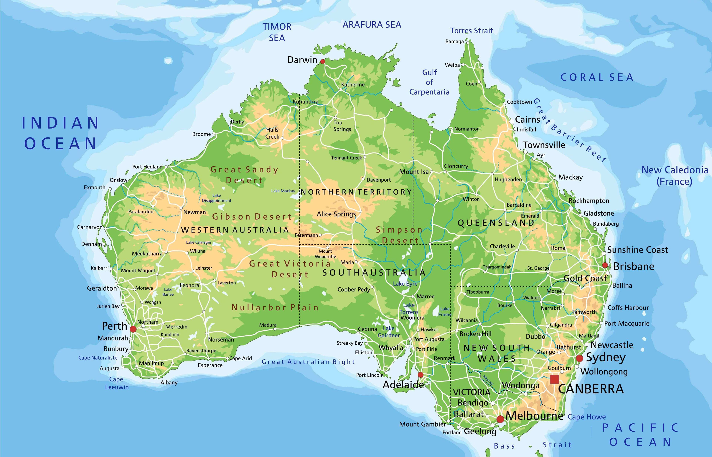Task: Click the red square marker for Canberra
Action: point(554,379)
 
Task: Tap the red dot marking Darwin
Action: point(323,61)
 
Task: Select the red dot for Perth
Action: point(133,329)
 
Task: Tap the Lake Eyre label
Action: point(405,284)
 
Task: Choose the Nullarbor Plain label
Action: point(275,307)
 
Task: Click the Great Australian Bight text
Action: point(308,362)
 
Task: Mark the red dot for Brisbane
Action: point(605,265)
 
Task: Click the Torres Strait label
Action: point(472,31)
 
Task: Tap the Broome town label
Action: point(201,134)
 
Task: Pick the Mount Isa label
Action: point(414,171)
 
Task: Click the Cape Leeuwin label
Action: point(117,383)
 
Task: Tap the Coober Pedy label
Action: point(353,289)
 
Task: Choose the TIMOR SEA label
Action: point(277,32)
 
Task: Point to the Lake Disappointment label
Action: point(217,198)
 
